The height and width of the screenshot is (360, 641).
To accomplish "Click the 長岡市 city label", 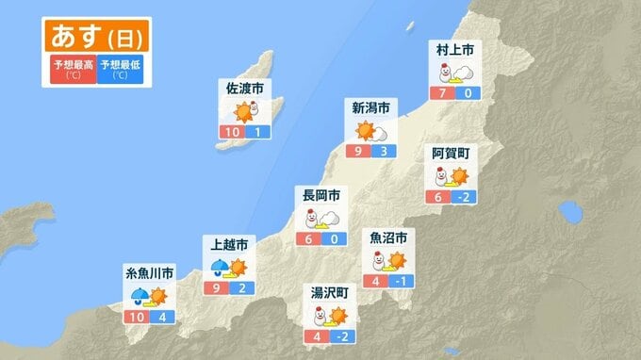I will pyautogui.click(x=320, y=195).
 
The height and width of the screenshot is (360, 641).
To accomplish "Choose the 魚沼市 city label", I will pyautogui.click(x=388, y=237).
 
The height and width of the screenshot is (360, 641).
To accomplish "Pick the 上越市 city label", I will pyautogui.click(x=227, y=244).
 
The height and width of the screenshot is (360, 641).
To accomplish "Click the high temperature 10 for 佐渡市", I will pyautogui.click(x=232, y=133).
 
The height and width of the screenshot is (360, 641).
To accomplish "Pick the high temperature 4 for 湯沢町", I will pyautogui.click(x=317, y=335).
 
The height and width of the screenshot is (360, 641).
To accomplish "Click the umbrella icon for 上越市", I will pyautogui.click(x=219, y=267).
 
